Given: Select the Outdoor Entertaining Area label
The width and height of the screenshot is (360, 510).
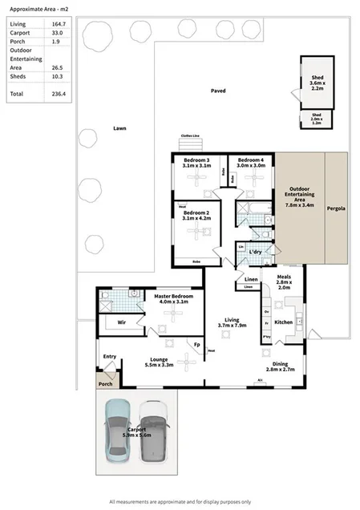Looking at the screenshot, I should click(x=298, y=197).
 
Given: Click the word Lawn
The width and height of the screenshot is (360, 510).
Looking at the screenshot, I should click(x=119, y=129).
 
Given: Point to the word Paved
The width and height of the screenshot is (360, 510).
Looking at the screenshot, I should click(x=218, y=91).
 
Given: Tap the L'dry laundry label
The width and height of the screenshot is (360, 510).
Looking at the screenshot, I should click(x=257, y=253).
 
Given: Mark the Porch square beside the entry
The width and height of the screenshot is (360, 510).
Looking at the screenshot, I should click(x=104, y=382).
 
